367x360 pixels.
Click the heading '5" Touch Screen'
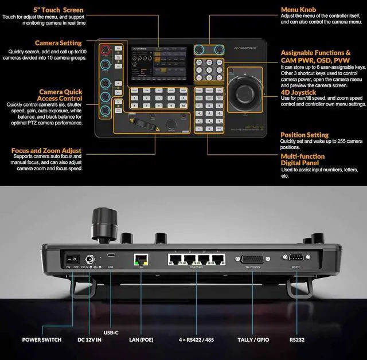pyautogui.click(x=58, y=10)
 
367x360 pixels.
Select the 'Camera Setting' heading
pyautogui.click(x=58, y=43)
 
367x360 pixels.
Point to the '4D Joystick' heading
pyautogui.click(x=298, y=92)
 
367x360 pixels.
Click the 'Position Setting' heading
pyautogui.click(x=304, y=135)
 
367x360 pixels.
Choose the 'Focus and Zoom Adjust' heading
pyautogui.click(x=46, y=151)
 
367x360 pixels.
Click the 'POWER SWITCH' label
pyautogui.click(x=42, y=339)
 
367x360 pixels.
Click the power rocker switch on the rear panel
pyautogui.click(x=72, y=259)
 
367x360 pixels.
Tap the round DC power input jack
pyautogui.click(x=89, y=259)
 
